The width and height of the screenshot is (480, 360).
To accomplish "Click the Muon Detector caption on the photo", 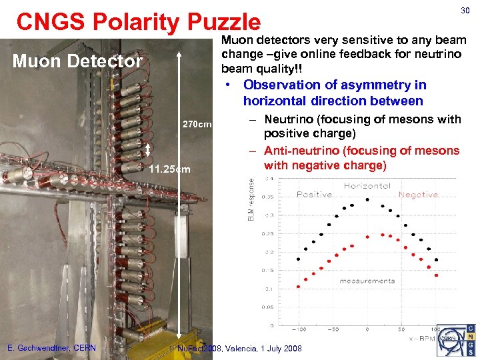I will tap(78, 62).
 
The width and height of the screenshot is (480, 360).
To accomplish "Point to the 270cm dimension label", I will tap(197, 125).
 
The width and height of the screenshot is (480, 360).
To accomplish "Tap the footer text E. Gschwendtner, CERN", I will tap(51, 348).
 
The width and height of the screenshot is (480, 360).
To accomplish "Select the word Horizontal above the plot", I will tap(367, 186).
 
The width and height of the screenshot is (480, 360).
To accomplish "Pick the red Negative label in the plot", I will tap(418, 195).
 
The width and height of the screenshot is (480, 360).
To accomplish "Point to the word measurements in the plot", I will tap(367, 281).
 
